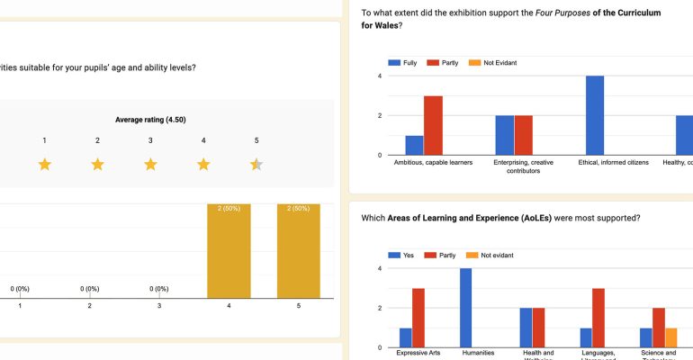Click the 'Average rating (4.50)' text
pyautogui.click(x=150, y=120)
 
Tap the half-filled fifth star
pyautogui.click(x=256, y=164)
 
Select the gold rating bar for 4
pyautogui.click(x=229, y=251)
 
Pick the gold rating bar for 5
pyautogui.click(x=300, y=251)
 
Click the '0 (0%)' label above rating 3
pyautogui.click(x=159, y=289)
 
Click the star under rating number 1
pyautogui.click(x=44, y=164)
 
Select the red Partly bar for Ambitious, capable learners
pyautogui.click(x=433, y=125)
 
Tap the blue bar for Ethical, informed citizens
pyautogui.click(x=594, y=115)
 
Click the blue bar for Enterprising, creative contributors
pyautogui.click(x=504, y=135)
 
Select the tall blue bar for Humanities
pyautogui.click(x=465, y=308)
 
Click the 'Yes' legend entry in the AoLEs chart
pyautogui.click(x=401, y=256)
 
